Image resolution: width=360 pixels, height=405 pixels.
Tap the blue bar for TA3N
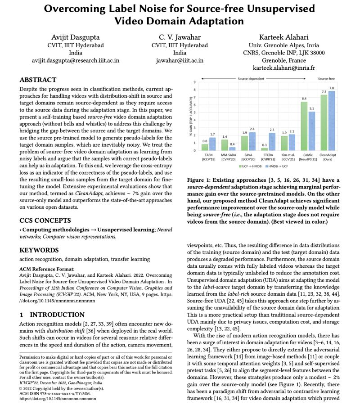point(212,144)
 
